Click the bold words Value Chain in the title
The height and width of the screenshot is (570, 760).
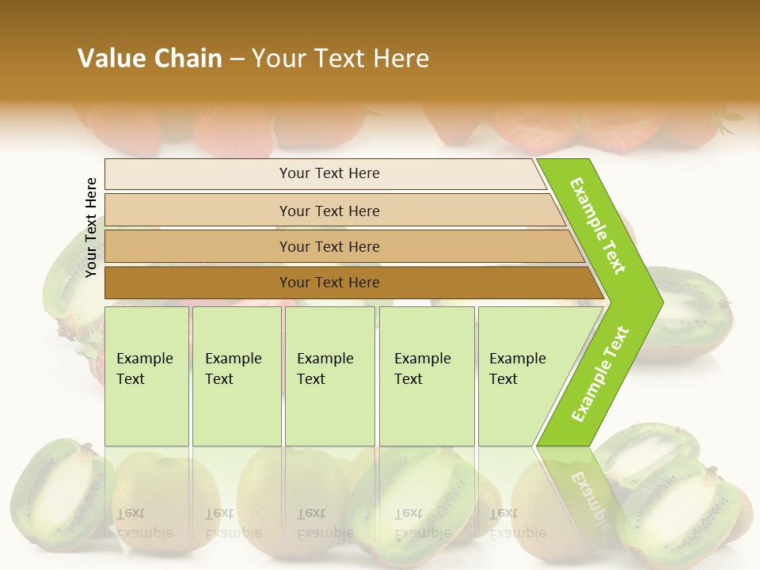(x=150, y=59)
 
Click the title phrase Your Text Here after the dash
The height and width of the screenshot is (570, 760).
(x=340, y=59)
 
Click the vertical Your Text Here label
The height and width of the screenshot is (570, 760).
(x=91, y=227)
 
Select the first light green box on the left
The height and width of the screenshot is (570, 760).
(x=146, y=375)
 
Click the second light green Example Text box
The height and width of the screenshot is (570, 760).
(x=237, y=375)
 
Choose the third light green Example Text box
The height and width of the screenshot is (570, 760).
(x=329, y=375)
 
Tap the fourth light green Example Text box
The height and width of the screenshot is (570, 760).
(x=427, y=375)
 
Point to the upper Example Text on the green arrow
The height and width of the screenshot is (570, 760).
(x=598, y=226)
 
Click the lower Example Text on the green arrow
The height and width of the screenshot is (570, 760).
(x=600, y=374)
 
